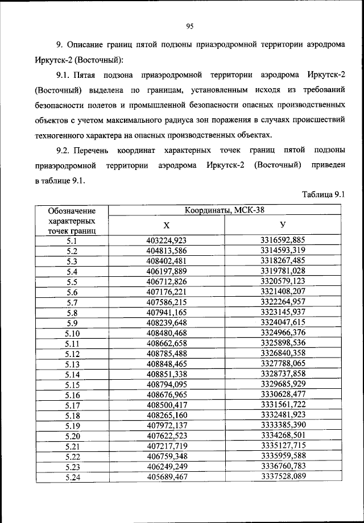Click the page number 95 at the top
click(x=190, y=26)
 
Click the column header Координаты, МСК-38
click(x=224, y=210)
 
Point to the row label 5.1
click(x=72, y=240)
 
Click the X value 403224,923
click(x=167, y=240)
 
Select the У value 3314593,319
click(x=283, y=251)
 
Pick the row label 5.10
click(x=72, y=333)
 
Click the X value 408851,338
click(x=167, y=374)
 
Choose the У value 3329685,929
click(x=283, y=384)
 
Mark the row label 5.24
click(x=72, y=477)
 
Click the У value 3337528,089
click(x=283, y=477)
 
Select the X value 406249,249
click(x=167, y=467)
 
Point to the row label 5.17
click(x=72, y=405)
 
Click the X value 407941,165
click(x=167, y=313)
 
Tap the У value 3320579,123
click(x=283, y=281)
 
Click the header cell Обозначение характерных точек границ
click(x=72, y=221)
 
